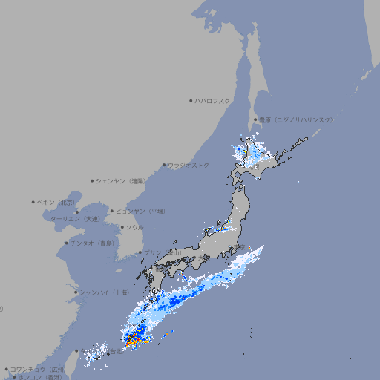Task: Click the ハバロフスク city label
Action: [212, 101]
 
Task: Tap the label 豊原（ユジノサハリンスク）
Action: [295, 119]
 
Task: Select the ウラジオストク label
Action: [189, 165]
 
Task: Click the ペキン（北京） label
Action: [56, 202]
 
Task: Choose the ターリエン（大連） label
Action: [74, 219]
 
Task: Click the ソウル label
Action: [134, 227]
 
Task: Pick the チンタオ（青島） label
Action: [92, 243]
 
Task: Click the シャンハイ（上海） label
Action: [105, 292]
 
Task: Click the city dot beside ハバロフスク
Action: [191, 101]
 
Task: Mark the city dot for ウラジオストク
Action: [164, 165]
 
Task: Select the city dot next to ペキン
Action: [33, 202]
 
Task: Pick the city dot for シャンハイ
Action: [76, 292]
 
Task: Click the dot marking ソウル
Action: [122, 227]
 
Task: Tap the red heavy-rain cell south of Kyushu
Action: [131, 342]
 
